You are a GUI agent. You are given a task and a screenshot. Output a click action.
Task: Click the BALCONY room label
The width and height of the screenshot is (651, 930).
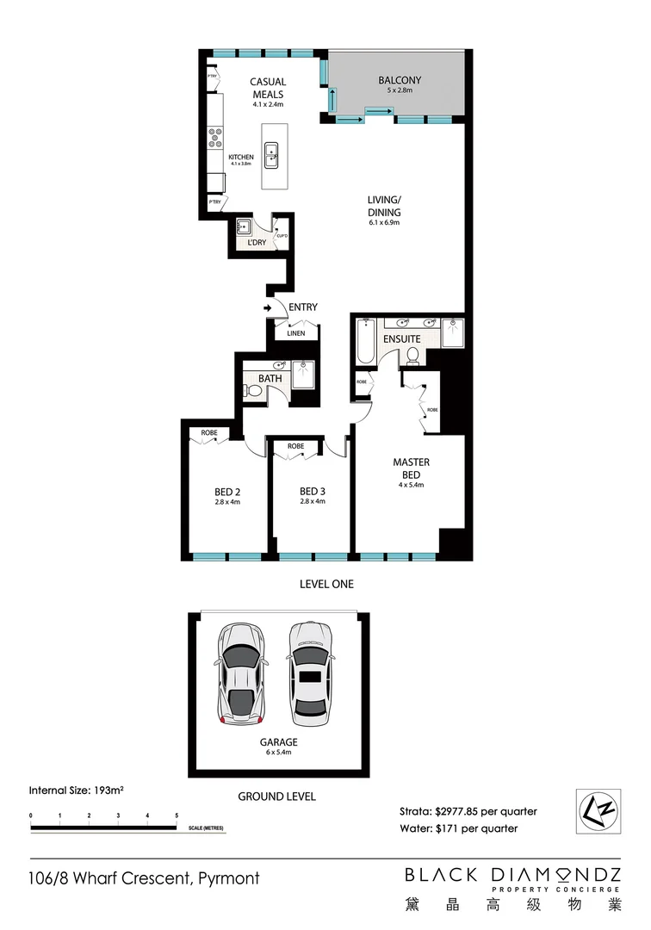(x=396, y=82)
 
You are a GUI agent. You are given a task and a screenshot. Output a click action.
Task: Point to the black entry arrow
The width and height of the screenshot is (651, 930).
(x=268, y=307)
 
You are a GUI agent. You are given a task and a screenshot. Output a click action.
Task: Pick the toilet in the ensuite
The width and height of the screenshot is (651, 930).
(x=412, y=355)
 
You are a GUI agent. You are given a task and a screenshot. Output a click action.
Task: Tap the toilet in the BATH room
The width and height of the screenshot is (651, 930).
(x=253, y=392)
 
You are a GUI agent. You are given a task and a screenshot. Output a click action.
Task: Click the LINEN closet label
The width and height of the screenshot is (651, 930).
(x=296, y=332)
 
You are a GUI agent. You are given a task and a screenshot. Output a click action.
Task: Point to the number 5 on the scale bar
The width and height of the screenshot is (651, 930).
(x=177, y=815)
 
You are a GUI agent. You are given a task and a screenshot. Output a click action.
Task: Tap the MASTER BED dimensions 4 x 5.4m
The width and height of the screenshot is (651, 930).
(x=411, y=486)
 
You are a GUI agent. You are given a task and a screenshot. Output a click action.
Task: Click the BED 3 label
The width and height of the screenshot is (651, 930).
(x=312, y=492)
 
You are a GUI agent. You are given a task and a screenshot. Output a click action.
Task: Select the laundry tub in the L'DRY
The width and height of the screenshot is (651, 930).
(x=244, y=227)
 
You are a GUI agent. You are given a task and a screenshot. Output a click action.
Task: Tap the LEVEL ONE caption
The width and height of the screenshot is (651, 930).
(x=325, y=584)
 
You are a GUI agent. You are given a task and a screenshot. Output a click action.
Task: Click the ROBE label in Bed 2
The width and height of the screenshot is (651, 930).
(x=209, y=432)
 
